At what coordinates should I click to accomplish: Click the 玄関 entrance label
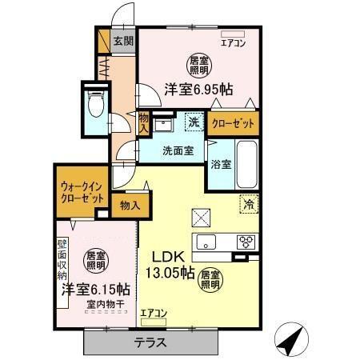click(x=123, y=41)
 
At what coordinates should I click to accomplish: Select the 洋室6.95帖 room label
click(x=199, y=90)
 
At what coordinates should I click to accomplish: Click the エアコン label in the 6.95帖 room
click(x=234, y=44)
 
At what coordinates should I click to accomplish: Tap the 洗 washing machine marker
click(x=194, y=122)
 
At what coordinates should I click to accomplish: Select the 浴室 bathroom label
click(x=221, y=166)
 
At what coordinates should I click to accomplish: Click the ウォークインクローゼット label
click(x=81, y=193)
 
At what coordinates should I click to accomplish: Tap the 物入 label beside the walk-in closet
click(x=130, y=205)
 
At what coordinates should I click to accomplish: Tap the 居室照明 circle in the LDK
click(x=211, y=278)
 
